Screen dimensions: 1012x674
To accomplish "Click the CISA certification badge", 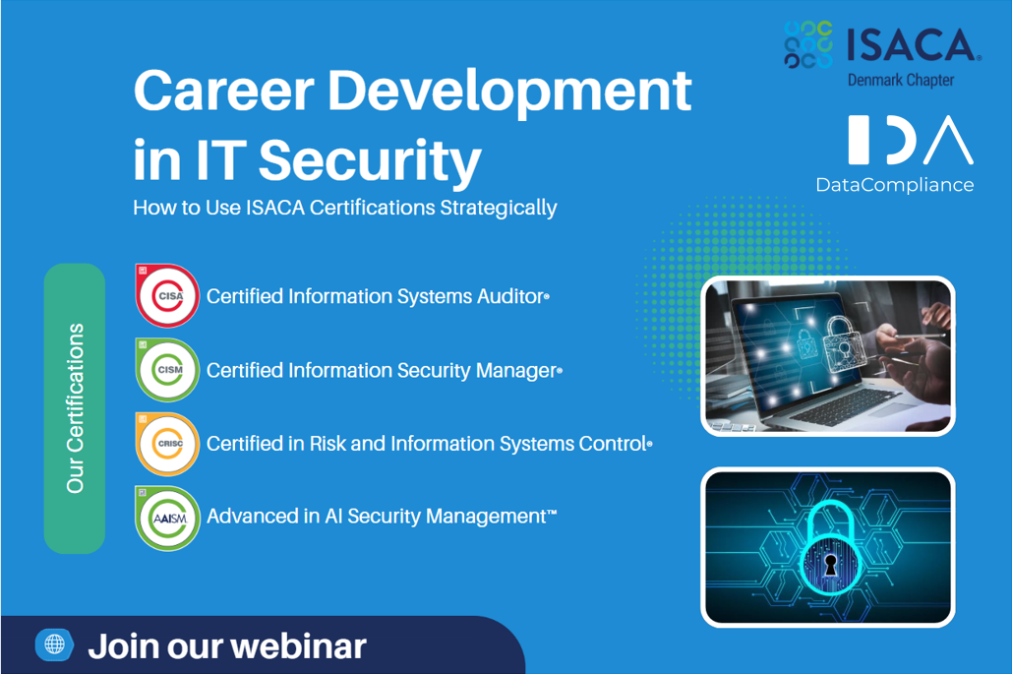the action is [x=167, y=296].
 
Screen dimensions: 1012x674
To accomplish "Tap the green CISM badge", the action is [x=167, y=370].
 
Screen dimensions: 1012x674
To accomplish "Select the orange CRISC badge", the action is [x=167, y=444].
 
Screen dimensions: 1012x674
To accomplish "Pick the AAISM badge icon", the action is [x=167, y=519].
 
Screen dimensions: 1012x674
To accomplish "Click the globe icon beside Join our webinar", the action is [x=54, y=644].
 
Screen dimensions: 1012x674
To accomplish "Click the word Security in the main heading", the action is [x=370, y=160].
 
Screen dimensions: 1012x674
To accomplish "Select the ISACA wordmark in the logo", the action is [x=913, y=45].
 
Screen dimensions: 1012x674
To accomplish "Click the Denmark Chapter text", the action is [x=900, y=80].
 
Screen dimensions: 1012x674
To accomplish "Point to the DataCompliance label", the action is [x=895, y=185].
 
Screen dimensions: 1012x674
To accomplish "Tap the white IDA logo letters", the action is [x=911, y=140].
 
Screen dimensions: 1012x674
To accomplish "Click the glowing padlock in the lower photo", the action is [x=829, y=550].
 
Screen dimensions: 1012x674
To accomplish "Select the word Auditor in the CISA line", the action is [x=513, y=296].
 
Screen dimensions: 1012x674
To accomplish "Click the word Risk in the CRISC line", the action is [x=327, y=444].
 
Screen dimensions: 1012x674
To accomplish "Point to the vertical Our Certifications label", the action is [x=75, y=408].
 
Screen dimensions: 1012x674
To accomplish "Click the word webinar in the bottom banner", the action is [x=298, y=646].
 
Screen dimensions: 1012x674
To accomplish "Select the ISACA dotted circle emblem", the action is [x=808, y=44].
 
